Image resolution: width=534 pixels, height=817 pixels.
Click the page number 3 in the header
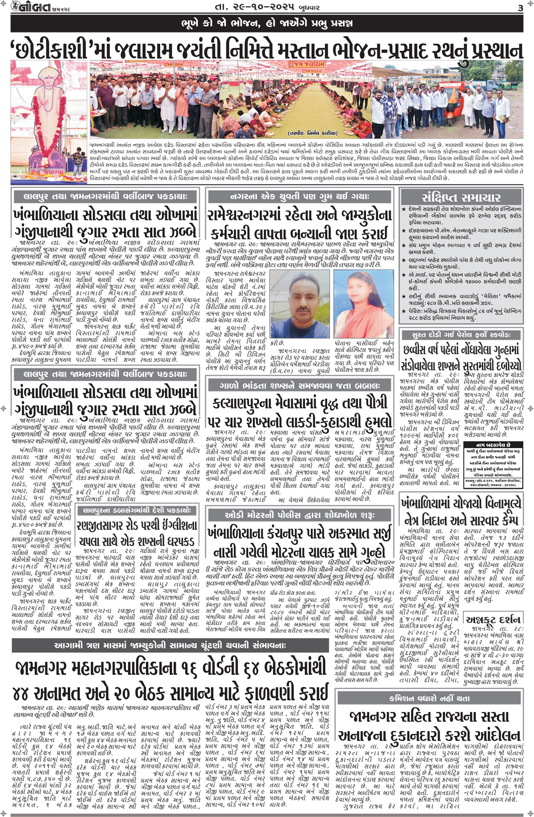pos(520,8)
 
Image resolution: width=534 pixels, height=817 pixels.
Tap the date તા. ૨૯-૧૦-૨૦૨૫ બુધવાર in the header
pos(267,7)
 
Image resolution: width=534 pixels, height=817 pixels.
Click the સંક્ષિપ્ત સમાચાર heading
pos(461,197)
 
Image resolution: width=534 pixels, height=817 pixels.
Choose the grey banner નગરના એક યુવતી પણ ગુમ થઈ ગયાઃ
pos(299,196)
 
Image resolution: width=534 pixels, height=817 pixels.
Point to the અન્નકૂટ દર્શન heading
pos(494,619)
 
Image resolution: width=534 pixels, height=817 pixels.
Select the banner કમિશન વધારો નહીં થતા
pos(429,698)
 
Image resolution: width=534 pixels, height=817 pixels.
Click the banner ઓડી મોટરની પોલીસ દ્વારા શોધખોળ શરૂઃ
pos(299,515)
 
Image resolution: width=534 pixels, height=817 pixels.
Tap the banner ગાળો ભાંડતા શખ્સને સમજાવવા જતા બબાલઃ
pos(299,385)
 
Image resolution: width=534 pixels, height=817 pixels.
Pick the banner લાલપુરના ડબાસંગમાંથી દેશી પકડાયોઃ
pos(137,510)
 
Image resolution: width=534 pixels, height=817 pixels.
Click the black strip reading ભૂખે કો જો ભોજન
pos(267,23)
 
